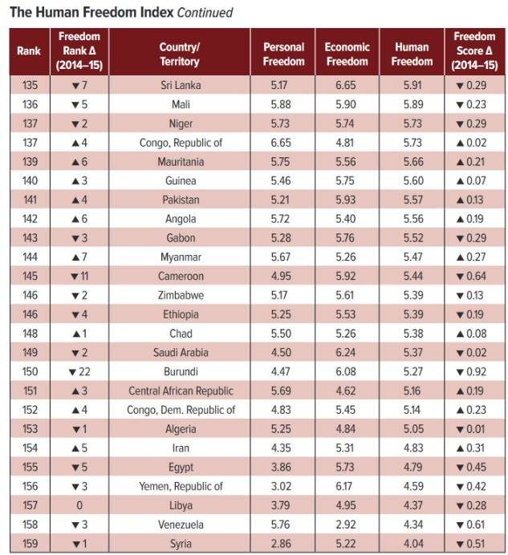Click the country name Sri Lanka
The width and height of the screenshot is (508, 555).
pyautogui.click(x=179, y=83)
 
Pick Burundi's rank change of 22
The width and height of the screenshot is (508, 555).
pyautogui.click(x=77, y=371)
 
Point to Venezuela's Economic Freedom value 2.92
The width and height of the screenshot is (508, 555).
pyautogui.click(x=347, y=525)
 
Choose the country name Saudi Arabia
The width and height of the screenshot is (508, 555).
pyautogui.click(x=179, y=352)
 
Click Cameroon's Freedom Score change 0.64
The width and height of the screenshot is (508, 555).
pyautogui.click(x=473, y=275)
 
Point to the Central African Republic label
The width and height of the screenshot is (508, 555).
pyautogui.click(x=179, y=391)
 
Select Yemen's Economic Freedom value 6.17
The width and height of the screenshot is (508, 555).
pyautogui.click(x=347, y=486)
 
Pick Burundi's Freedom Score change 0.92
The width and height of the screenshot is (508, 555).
pyautogui.click(x=473, y=371)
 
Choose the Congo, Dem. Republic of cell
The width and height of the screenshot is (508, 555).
pyautogui.click(x=179, y=409)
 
